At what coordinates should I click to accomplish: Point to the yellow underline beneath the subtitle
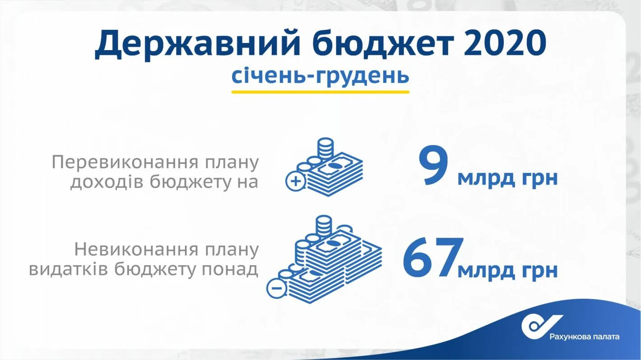click(320, 92)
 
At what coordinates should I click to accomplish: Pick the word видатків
click(68, 269)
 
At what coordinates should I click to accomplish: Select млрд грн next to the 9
click(507, 178)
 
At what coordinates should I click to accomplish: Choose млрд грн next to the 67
click(507, 271)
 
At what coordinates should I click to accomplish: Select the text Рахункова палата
click(584, 337)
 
